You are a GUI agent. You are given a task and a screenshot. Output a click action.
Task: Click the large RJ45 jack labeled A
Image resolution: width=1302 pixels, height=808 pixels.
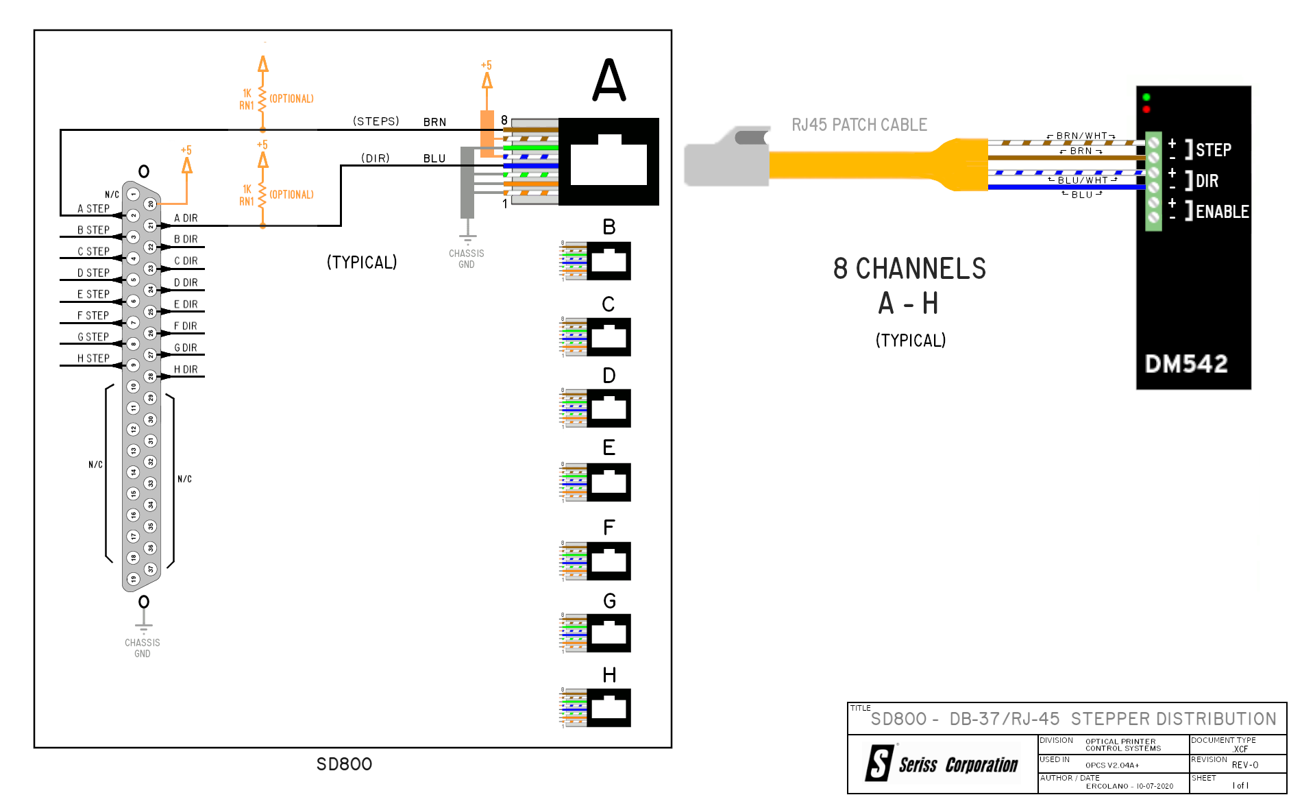tap(609, 162)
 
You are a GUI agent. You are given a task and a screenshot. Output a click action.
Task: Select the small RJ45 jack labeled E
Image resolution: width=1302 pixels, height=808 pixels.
tap(609, 482)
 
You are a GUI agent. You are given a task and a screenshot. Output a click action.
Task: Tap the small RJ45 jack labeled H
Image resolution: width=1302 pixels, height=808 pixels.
tap(609, 707)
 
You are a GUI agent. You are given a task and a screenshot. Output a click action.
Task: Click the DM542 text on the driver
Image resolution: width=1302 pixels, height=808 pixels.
tap(1186, 364)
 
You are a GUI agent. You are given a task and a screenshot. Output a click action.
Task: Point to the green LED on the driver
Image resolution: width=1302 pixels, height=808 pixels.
tap(1146, 97)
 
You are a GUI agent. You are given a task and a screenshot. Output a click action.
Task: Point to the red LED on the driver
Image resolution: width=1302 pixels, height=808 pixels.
tap(1146, 110)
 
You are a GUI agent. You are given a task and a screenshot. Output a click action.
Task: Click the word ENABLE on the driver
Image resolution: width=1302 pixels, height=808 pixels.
tap(1222, 212)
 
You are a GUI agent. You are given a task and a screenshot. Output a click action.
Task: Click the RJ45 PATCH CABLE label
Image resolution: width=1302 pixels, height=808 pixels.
tap(859, 125)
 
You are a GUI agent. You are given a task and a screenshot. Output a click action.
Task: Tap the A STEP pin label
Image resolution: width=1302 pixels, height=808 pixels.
tap(93, 209)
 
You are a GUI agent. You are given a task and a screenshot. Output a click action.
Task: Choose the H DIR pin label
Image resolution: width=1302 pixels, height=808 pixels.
tap(186, 369)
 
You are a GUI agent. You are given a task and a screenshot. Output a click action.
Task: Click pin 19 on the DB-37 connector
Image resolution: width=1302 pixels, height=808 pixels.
tap(134, 579)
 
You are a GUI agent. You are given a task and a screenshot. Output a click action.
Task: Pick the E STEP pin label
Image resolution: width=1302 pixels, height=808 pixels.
tap(93, 295)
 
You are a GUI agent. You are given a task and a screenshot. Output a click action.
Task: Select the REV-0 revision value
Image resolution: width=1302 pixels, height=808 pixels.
tap(1244, 765)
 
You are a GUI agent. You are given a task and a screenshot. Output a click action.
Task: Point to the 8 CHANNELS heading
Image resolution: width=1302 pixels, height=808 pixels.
tap(909, 269)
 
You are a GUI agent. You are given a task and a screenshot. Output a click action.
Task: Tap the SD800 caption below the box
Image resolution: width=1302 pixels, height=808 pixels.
tap(344, 764)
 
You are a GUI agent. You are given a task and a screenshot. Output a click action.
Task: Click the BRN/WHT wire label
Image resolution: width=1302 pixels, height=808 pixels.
tap(1081, 136)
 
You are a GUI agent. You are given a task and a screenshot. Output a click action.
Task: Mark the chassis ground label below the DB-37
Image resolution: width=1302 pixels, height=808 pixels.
tap(143, 648)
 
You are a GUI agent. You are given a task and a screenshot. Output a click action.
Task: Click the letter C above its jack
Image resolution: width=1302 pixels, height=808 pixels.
tap(609, 304)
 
